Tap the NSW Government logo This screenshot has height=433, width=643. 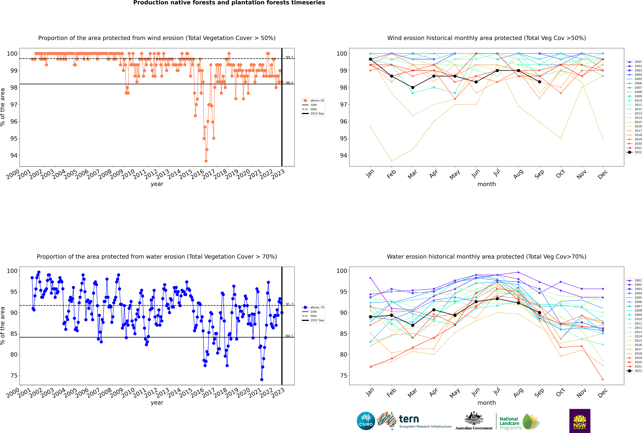pos(580,421)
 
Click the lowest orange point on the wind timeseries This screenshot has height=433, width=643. pos(206,161)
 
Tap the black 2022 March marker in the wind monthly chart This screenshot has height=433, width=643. pos(413,88)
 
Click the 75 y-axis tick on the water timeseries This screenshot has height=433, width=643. pos(14,376)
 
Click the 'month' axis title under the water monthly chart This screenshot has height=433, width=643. pos(487,403)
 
